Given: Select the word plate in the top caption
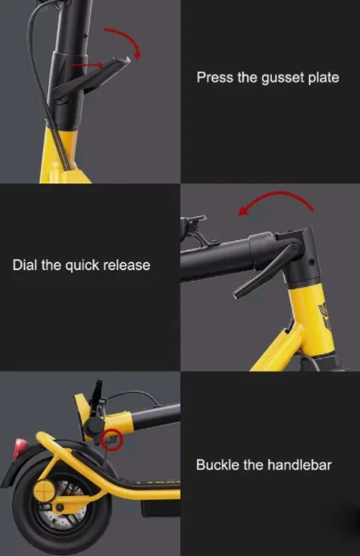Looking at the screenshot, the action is pyautogui.click(x=323, y=78).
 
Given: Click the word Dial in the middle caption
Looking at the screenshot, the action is pyautogui.click(x=25, y=265).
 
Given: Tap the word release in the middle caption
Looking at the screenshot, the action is pyautogui.click(x=127, y=265).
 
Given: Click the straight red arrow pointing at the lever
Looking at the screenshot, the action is pyautogui.click(x=87, y=65).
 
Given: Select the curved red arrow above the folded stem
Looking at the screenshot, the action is pyautogui.click(x=281, y=193).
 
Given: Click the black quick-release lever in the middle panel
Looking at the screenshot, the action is pyautogui.click(x=266, y=272).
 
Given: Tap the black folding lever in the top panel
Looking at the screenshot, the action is pyautogui.click(x=93, y=77).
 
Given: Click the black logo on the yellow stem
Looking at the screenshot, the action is pyautogui.click(x=326, y=316).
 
